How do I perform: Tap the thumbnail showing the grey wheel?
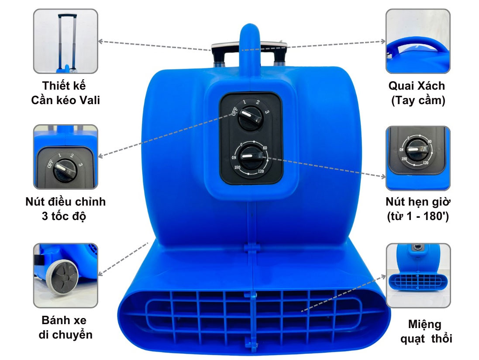[x=65, y=276]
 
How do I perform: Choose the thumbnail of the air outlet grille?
[x=418, y=276]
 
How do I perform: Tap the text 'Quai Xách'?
[x=417, y=86]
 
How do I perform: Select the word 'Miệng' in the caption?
[x=424, y=324]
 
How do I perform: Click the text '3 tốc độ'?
[x=65, y=216]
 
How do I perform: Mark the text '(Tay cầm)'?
[x=417, y=100]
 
